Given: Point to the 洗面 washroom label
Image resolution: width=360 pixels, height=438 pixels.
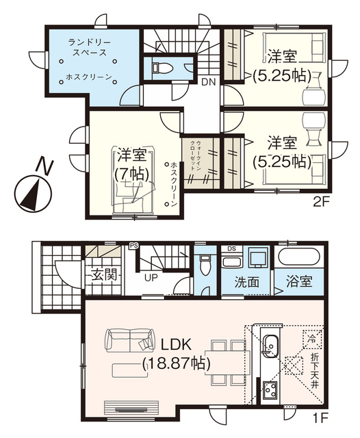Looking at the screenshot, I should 246,281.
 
